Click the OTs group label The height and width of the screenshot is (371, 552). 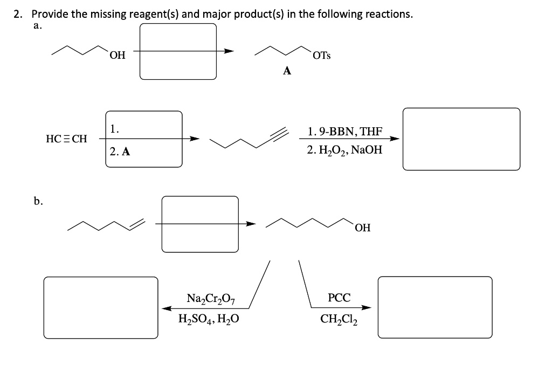click(322, 56)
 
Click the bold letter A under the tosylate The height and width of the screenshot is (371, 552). click(287, 71)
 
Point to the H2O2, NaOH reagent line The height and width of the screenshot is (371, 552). click(345, 150)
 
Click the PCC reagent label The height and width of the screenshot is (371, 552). click(339, 298)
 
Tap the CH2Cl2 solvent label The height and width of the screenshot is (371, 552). click(339, 318)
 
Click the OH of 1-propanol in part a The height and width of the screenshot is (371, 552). click(117, 55)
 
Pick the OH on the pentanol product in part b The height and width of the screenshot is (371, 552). click(363, 228)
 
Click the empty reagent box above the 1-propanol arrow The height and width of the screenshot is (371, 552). click(178, 52)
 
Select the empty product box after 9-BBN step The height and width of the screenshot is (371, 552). click(461, 139)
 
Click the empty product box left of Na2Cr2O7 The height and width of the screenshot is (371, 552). click(101, 307)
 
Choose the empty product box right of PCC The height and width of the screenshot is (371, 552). click(435, 307)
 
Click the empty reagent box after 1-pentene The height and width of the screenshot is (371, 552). click(199, 224)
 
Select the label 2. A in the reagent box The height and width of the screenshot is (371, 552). click(120, 152)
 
